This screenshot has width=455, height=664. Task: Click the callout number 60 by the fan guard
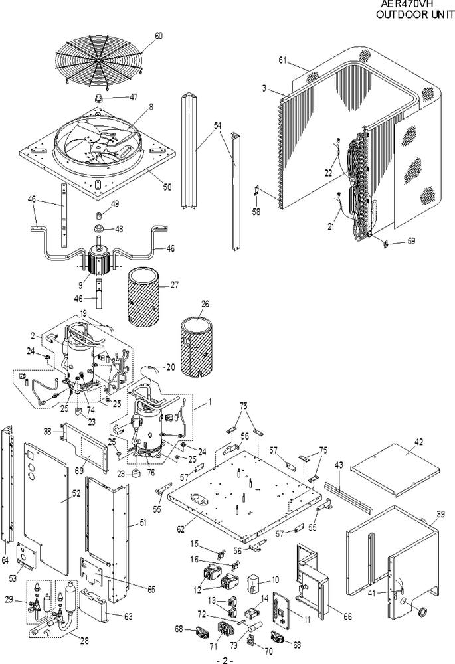(x=158, y=36)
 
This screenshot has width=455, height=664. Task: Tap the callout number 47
(x=134, y=97)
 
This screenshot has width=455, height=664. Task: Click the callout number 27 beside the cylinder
(x=174, y=285)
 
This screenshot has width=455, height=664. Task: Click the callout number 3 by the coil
(x=264, y=88)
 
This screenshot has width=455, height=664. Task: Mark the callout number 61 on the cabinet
(x=282, y=61)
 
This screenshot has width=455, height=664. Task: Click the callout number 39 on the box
(x=440, y=515)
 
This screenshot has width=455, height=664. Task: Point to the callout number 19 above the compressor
(x=84, y=313)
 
